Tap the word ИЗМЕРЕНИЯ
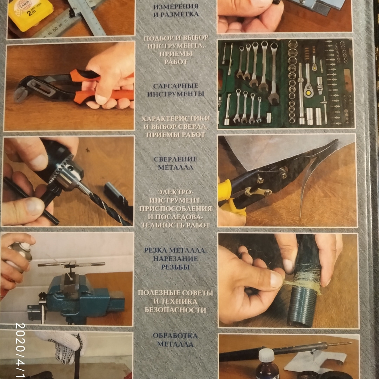176,6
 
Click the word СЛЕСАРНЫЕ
176,86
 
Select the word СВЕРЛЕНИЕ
175,159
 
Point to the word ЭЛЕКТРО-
175,192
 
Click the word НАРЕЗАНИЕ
175,259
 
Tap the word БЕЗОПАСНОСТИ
175,310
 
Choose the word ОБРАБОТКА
175,336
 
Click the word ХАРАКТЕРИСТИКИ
176,119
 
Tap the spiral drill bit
106,205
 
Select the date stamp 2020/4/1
21,351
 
